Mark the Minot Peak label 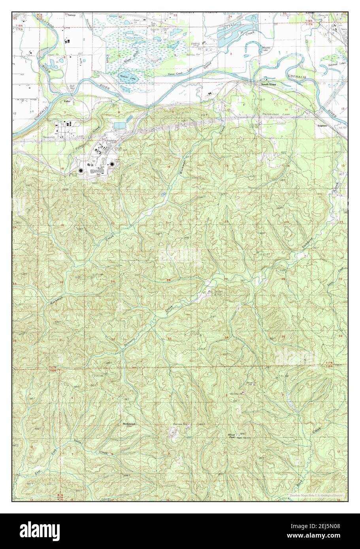pos(232,436)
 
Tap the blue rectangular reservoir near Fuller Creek pos(119,125)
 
